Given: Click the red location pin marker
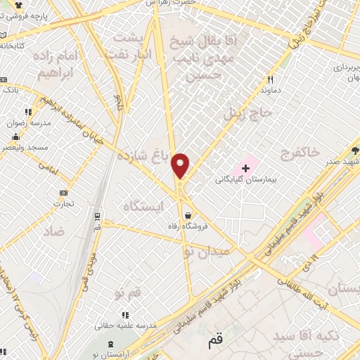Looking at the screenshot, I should click(x=181, y=165).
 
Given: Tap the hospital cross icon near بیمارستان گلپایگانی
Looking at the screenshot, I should click(x=245, y=168).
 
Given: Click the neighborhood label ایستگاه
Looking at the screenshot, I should click(x=142, y=206).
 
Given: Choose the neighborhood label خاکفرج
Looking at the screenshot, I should click(x=299, y=153).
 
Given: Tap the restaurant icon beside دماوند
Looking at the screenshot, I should click(x=269, y=79).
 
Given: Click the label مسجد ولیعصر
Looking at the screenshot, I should click(x=25, y=147).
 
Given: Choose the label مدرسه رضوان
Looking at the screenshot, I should click(x=25, y=122).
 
